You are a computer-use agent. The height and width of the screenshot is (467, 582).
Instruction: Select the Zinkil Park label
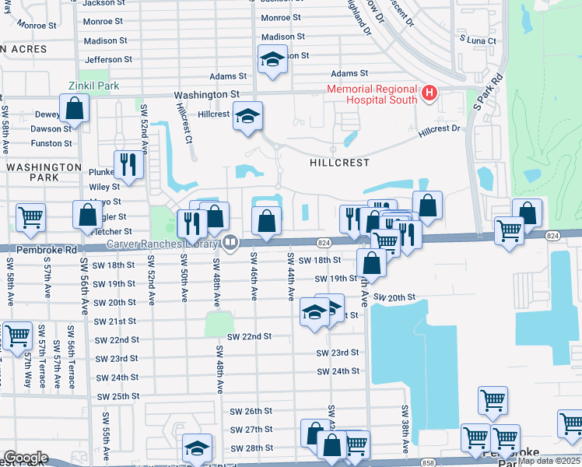pyautogui.click(x=93, y=86)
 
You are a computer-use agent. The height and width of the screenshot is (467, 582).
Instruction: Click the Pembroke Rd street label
pyautogui.click(x=39, y=251)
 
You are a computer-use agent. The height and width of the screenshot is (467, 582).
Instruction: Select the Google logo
pyautogui.click(x=26, y=458)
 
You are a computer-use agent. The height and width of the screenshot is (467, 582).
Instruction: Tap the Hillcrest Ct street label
pyautogui.click(x=184, y=125)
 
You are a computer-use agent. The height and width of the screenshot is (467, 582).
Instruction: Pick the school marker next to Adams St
pyautogui.click(x=272, y=60)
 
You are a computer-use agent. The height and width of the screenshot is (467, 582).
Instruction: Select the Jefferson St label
pyautogui.click(x=103, y=59)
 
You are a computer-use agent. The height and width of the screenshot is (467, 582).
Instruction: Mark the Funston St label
pyautogui.click(x=51, y=143)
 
